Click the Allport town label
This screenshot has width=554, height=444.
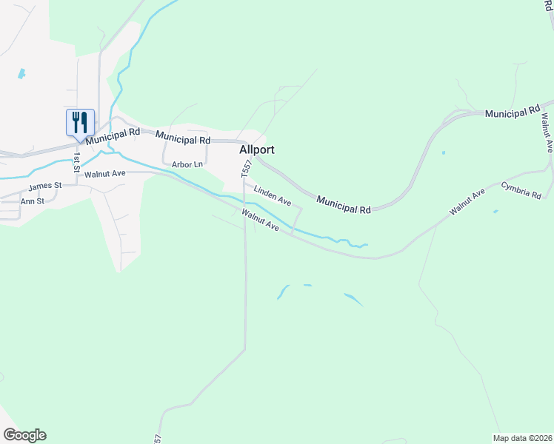point(257,149)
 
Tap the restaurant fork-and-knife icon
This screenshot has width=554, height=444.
point(80,122)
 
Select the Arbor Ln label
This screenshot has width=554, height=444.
point(187,165)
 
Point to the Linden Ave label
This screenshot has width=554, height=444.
point(273,196)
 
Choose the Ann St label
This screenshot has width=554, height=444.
point(33,201)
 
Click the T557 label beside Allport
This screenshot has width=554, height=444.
point(246,169)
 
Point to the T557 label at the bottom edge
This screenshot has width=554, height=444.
point(157,438)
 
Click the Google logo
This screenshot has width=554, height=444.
point(24,435)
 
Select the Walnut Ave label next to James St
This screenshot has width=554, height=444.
point(105,174)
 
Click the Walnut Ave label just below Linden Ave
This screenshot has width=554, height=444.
point(260,220)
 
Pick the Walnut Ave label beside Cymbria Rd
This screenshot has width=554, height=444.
point(467,202)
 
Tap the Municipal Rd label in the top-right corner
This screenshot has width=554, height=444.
point(512,112)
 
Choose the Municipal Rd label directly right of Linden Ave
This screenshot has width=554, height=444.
point(343,205)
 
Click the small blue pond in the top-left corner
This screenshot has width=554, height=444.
point(21,74)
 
